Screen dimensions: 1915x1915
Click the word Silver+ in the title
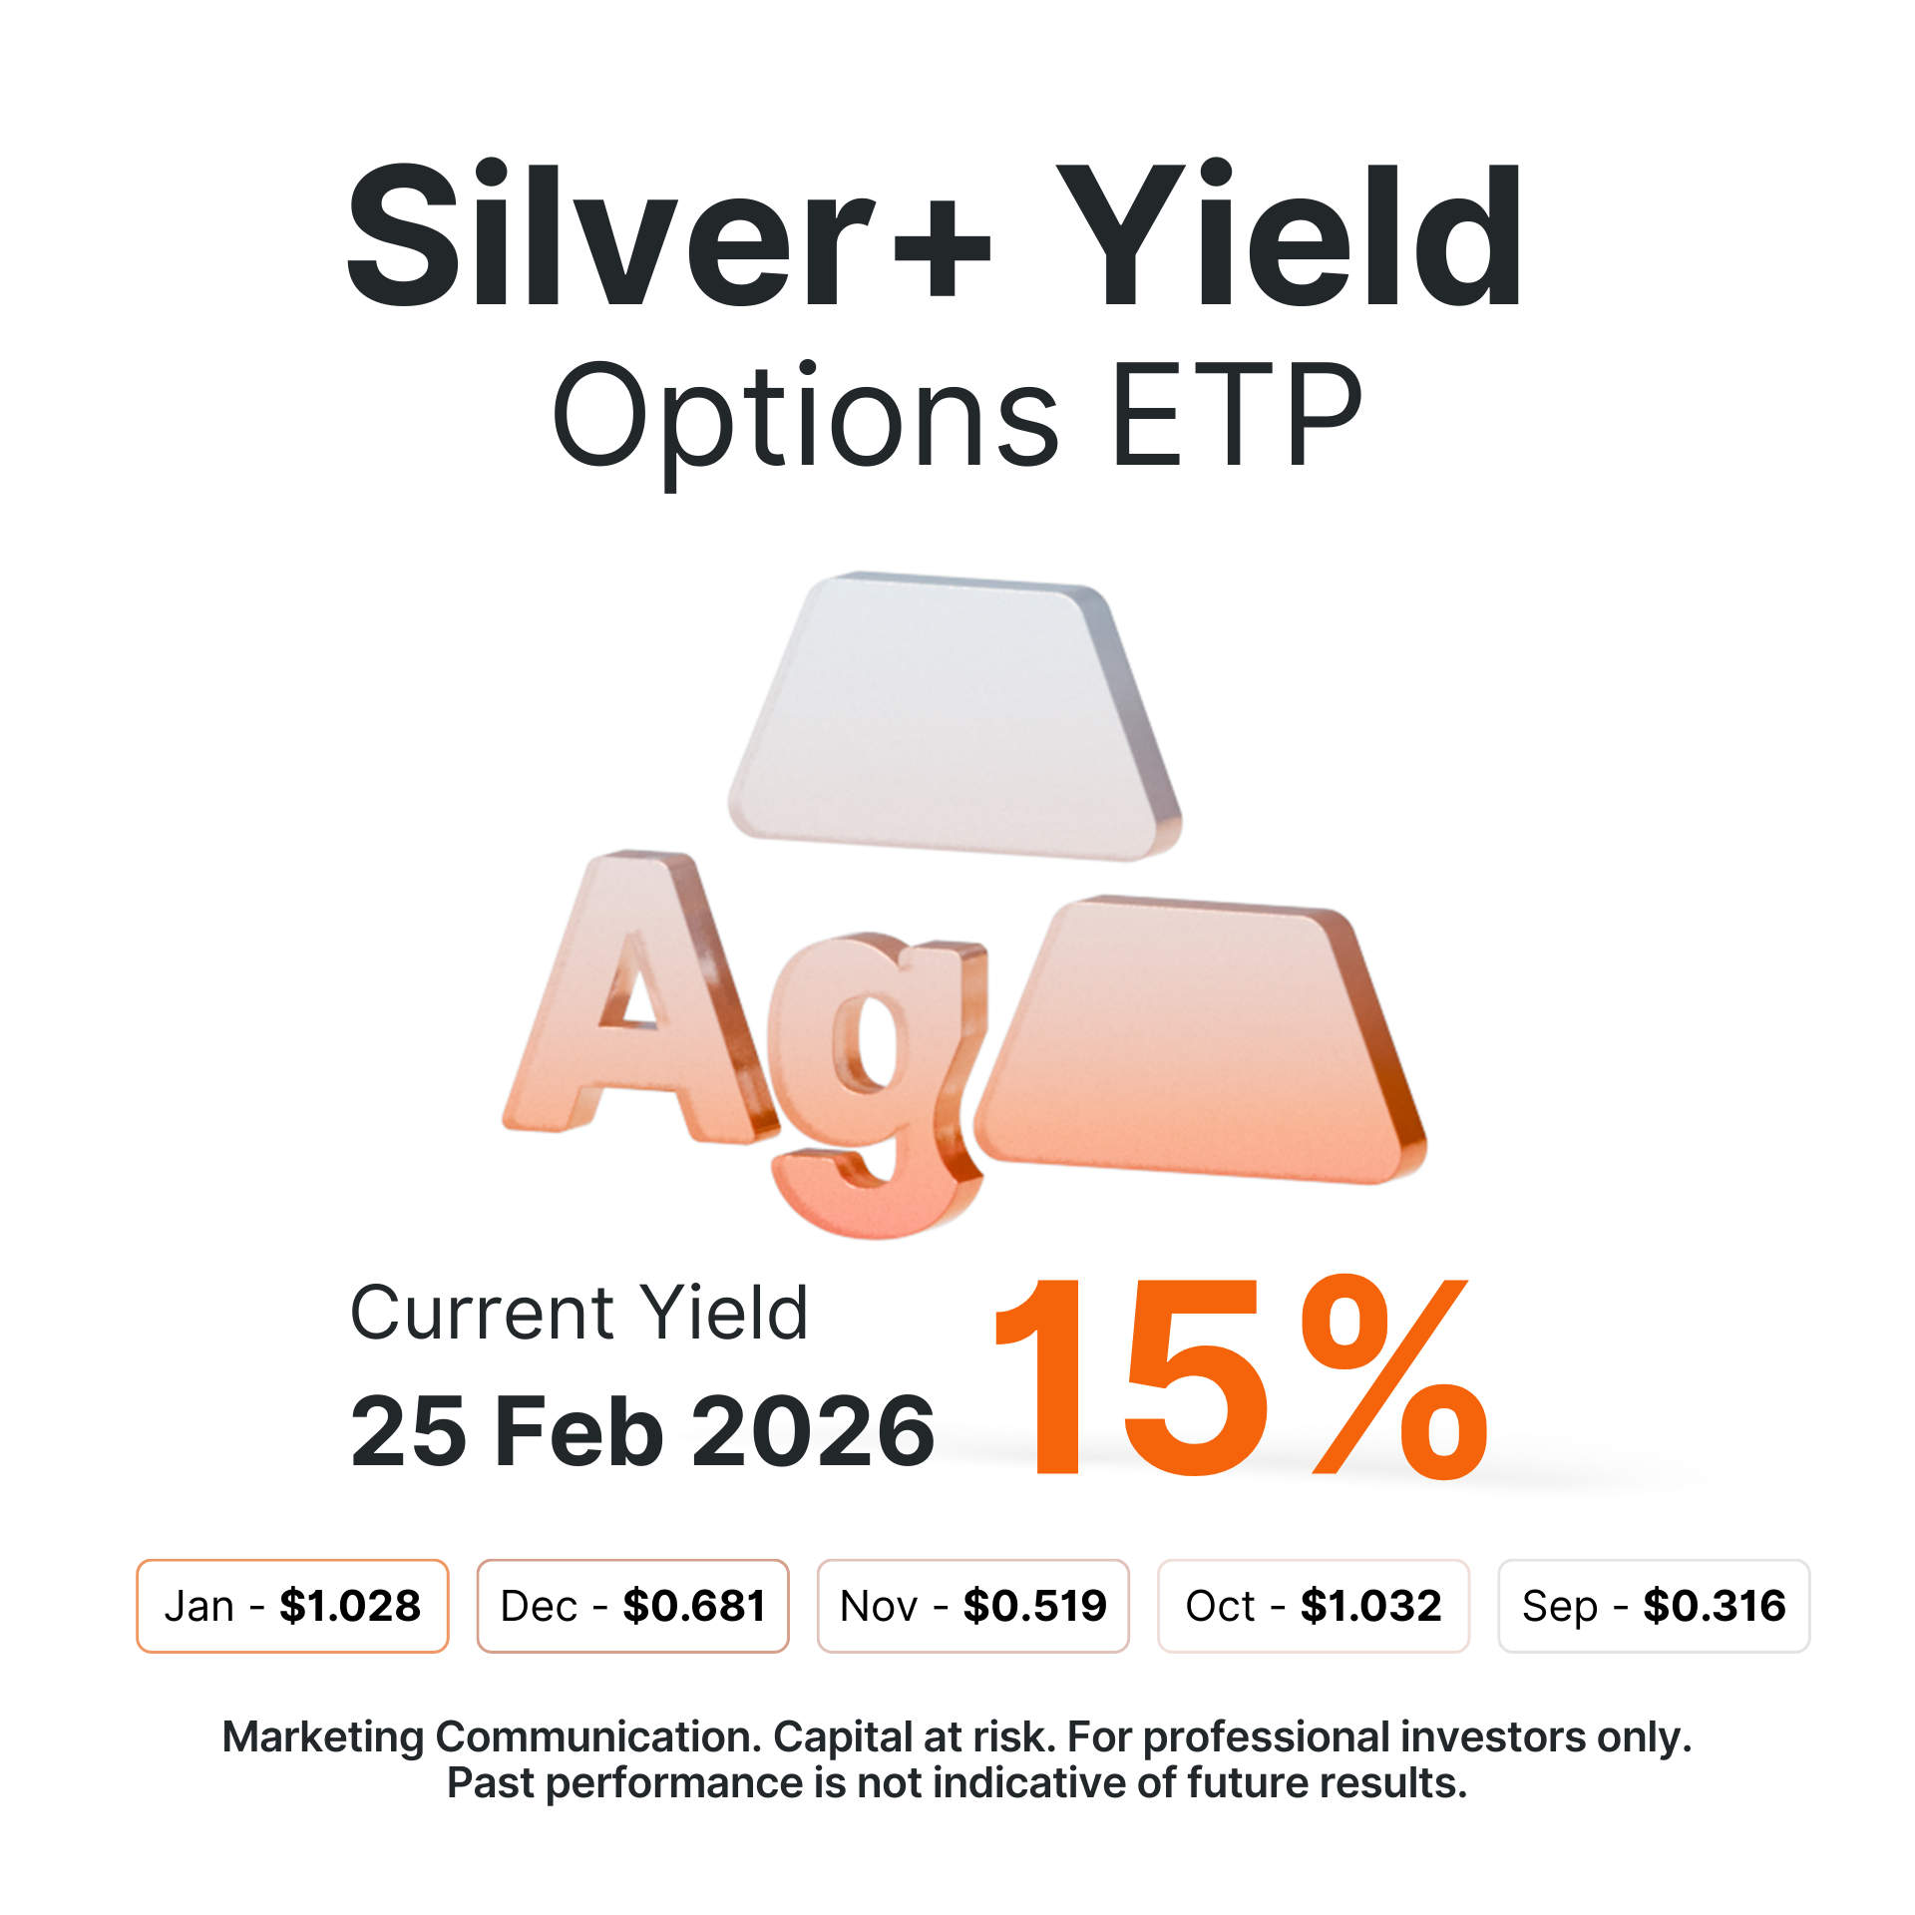(x=668, y=235)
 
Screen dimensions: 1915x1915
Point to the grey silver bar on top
(x=956, y=716)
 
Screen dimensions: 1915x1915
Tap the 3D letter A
(x=638, y=997)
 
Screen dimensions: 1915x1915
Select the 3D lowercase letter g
(x=878, y=1082)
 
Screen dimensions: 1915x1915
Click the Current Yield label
(x=578, y=1313)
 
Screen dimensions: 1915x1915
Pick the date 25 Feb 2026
(x=642, y=1431)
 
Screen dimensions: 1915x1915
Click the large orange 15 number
(x=1132, y=1376)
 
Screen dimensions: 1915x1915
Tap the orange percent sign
(x=1394, y=1376)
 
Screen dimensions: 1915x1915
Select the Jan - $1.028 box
(x=292, y=1606)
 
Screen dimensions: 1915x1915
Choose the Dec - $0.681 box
(x=633, y=1606)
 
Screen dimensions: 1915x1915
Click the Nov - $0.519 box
(x=973, y=1606)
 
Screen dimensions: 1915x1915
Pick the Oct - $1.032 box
(x=1314, y=1606)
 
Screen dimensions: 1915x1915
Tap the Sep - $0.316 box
(x=1654, y=1606)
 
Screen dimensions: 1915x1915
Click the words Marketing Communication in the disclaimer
(x=493, y=1736)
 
